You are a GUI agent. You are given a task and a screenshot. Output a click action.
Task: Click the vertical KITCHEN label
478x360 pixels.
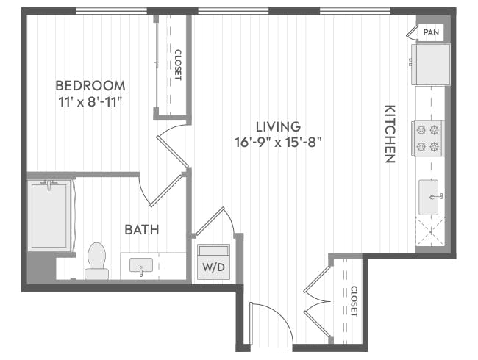390,133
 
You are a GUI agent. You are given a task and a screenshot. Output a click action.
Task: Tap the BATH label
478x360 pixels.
141,230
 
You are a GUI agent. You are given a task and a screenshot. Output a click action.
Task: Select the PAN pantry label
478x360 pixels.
431,32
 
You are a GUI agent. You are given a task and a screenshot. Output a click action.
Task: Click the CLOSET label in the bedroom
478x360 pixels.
177,65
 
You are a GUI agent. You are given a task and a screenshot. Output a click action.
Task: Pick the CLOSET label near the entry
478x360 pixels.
354,301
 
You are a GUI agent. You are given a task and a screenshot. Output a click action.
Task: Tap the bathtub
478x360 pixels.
49,215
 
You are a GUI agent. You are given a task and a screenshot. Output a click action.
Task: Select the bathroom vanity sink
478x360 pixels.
142,265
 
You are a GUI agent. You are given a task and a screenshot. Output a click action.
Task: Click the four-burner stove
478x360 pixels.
429,137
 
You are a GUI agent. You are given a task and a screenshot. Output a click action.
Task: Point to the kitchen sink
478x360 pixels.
429,196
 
